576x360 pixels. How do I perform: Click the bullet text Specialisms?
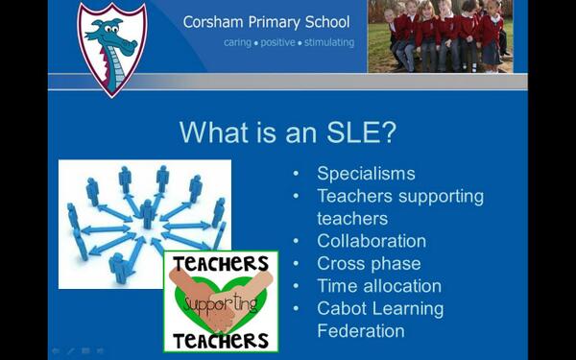point(366,174)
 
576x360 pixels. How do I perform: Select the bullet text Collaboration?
point(372,241)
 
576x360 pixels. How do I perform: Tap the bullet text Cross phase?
point(369,263)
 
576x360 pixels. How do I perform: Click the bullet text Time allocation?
point(379,286)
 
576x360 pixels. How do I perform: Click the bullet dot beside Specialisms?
point(297,175)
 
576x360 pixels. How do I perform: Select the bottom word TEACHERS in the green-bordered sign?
point(221,341)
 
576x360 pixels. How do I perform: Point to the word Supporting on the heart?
point(221,301)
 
